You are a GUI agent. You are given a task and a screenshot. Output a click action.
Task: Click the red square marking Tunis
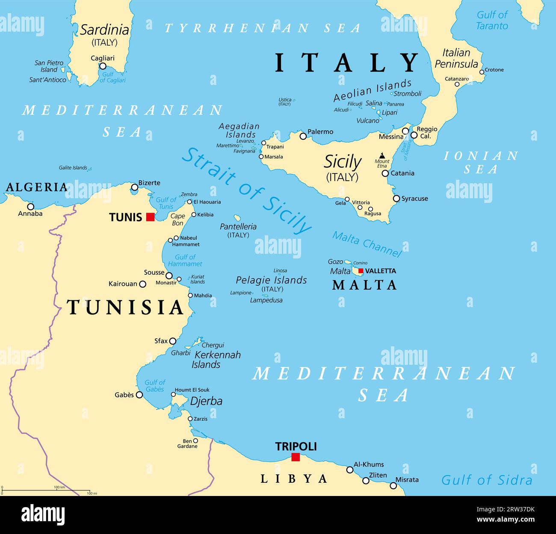click(150, 217)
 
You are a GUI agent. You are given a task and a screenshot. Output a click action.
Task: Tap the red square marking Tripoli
click(295, 457)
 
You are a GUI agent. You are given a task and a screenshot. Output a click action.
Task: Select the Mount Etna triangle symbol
click(382, 156)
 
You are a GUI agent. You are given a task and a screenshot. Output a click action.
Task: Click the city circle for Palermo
click(303, 136)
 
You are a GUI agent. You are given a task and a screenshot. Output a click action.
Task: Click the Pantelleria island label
click(238, 227)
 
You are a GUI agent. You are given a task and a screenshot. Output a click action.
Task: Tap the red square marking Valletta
click(361, 271)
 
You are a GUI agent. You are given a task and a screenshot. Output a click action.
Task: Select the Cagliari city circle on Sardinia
click(103, 66)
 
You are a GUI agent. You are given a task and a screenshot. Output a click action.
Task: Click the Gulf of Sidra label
click(487, 480)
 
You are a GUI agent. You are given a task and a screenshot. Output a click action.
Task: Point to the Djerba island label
click(206, 401)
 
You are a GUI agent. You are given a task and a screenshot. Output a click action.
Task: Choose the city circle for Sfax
click(172, 341)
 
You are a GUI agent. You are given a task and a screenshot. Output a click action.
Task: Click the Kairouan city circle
click(143, 284)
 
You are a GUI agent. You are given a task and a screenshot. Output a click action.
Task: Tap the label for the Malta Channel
click(367, 244)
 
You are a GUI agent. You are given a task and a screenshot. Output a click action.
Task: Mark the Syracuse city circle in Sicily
click(396, 199)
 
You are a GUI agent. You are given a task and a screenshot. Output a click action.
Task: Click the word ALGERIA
click(36, 187)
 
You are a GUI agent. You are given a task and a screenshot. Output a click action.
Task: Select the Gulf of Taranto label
click(492, 20)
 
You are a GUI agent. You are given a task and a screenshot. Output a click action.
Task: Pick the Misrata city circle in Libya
click(393, 485)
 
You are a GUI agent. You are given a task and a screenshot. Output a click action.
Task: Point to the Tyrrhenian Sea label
click(263, 28)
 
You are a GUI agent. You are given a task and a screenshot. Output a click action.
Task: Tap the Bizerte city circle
click(135, 187)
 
